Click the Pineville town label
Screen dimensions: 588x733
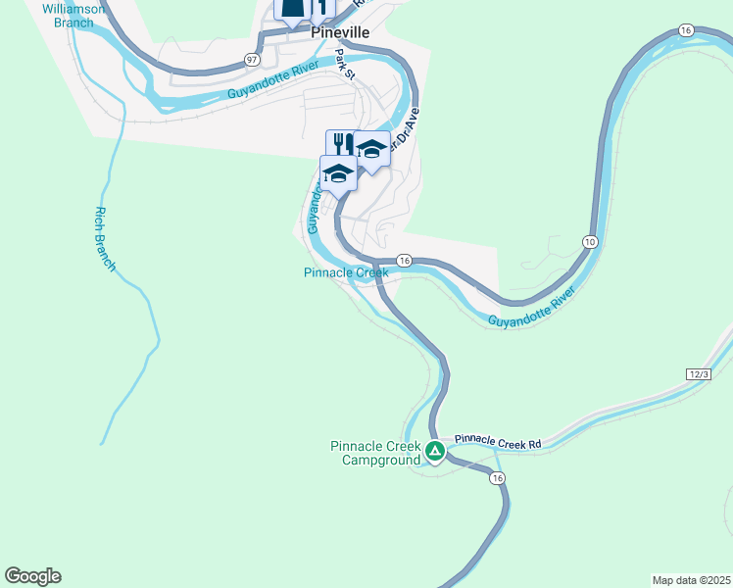[340, 32]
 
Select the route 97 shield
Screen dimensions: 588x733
[253, 60]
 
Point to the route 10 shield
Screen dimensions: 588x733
[589, 241]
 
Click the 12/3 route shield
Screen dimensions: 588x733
[698, 374]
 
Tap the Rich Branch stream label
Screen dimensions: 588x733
[105, 239]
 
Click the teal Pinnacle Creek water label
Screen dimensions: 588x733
[346, 272]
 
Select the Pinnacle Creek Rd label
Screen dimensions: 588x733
[499, 443]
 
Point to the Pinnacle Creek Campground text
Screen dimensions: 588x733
[375, 453]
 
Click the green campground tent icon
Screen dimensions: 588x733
[435, 452]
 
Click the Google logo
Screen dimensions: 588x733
[32, 576]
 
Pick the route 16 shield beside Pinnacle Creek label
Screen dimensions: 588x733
[404, 260]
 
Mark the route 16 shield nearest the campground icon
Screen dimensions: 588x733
[498, 477]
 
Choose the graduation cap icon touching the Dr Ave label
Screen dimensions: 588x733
[370, 149]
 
